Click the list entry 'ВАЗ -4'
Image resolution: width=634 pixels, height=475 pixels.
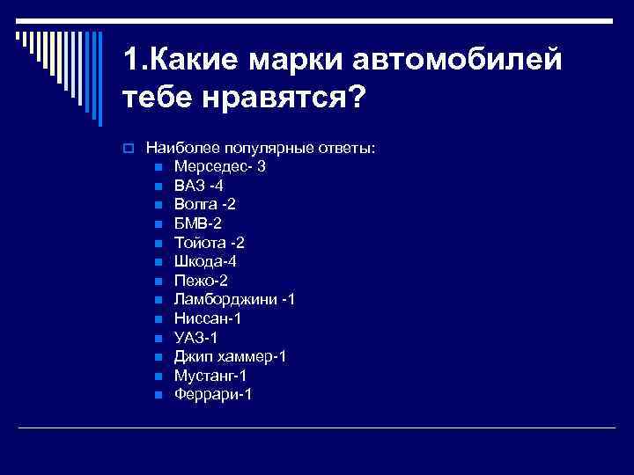199,186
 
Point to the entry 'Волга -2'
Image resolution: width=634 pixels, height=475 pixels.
204,204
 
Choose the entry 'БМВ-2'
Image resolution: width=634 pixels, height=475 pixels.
198,223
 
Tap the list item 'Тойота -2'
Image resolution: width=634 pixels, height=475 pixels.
210,243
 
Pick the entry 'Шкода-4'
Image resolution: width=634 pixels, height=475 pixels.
205,261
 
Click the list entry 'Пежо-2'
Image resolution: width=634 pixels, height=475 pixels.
201,281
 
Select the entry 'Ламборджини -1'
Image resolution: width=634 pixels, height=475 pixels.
234,300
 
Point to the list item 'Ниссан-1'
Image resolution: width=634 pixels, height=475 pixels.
208,318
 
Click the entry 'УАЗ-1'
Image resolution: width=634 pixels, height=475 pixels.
196,338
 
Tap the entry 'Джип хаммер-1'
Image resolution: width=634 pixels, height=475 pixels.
230,356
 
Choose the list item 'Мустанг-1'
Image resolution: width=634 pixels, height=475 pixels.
210,376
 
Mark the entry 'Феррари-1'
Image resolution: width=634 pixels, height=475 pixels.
213,395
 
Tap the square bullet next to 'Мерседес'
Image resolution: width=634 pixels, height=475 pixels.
158,167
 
